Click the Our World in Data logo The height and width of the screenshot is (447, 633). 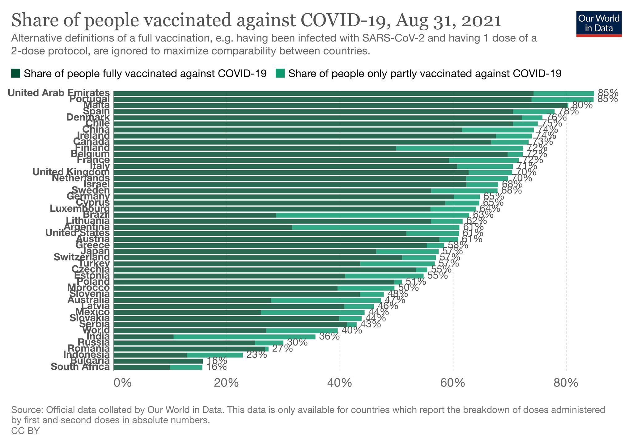599,24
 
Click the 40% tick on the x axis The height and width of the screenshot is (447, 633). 340,383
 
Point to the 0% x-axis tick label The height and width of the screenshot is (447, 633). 122,383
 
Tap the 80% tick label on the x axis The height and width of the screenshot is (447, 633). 566,383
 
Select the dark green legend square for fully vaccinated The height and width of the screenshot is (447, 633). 15,74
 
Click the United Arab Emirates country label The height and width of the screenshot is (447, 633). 59,93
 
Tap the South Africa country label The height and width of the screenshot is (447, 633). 80,367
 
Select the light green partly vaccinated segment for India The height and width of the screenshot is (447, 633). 244,337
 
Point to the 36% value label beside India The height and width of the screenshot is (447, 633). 329,336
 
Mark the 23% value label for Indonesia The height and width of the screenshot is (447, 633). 257,355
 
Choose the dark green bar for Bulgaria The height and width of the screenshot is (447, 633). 158,361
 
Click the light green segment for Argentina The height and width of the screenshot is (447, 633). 376,227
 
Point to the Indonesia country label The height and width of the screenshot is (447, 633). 86,355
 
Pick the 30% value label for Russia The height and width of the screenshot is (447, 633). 297,343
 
